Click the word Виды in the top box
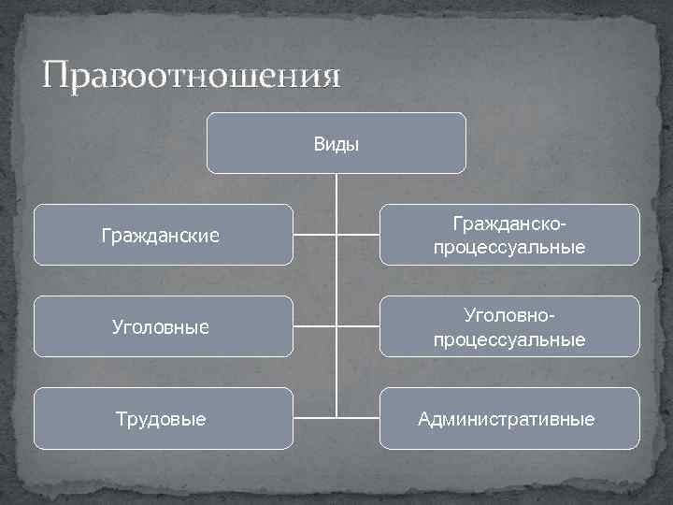(336, 144)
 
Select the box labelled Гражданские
(163, 235)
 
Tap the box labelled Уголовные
(163, 327)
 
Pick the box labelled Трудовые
(163, 419)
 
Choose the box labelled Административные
(509, 419)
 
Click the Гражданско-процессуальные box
(509, 235)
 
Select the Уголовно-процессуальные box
(509, 327)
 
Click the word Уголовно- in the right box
(509, 317)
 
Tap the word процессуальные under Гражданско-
(509, 247)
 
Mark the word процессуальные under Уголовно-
(509, 339)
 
